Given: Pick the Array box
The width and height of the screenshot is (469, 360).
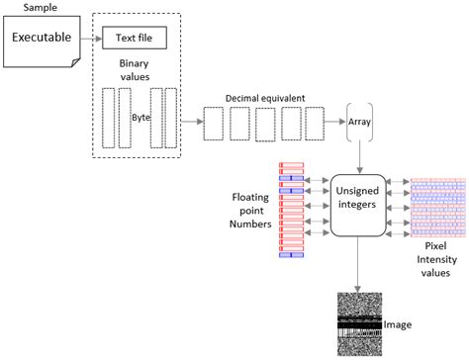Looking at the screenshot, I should (358, 123).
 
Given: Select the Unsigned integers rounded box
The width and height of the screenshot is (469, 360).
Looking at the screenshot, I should (358, 203).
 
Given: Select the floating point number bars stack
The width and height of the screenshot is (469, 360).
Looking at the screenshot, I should (292, 209).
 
